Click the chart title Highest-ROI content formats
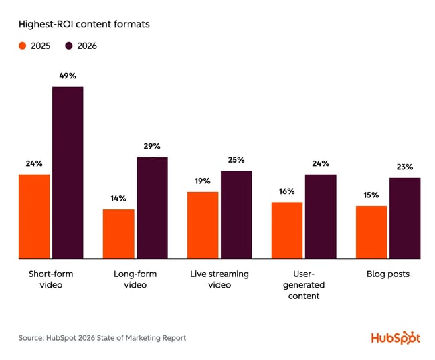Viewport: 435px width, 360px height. click(85, 25)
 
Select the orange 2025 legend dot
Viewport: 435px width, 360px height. click(22, 46)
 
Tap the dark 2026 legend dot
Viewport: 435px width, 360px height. click(69, 46)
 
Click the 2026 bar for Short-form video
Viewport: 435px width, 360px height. click(68, 173)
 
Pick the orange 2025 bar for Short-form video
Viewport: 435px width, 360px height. click(34, 216)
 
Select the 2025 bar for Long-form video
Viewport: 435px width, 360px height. click(118, 234)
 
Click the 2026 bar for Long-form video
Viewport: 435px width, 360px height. click(152, 207)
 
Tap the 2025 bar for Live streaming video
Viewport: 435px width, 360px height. click(203, 225)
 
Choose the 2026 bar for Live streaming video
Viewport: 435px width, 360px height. click(236, 214)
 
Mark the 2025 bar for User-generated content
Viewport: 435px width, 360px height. click(287, 230)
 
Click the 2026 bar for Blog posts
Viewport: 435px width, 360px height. click(405, 218)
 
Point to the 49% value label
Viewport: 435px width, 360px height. click(68, 76)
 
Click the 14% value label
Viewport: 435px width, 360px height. click(118, 199)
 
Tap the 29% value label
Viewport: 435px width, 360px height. click(152, 146)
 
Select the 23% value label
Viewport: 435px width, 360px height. click(405, 167)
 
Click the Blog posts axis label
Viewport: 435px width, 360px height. click(388, 274)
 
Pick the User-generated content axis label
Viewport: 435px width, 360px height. click(304, 285)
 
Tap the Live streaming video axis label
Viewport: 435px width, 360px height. click(220, 280)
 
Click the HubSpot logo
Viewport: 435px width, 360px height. click(396, 338)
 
